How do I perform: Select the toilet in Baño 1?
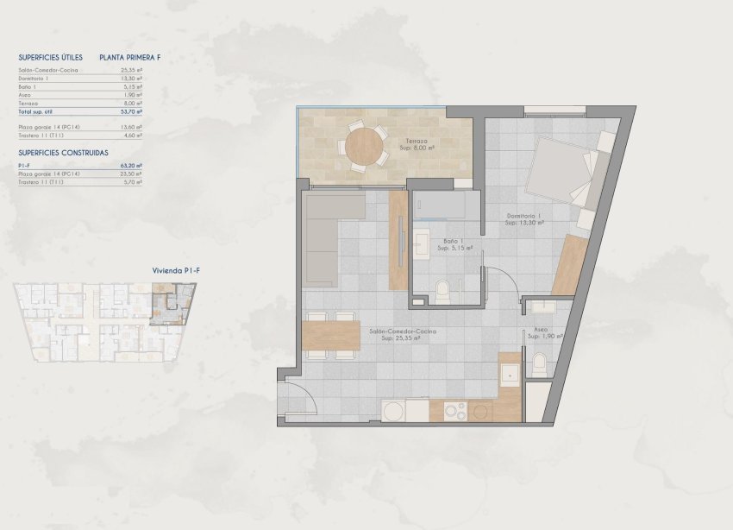pos(442,291)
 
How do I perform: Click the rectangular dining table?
pos(332,335)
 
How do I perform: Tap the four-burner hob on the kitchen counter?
pos(454,411)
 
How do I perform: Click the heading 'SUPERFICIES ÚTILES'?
pos(50,57)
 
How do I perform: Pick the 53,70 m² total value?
pos(132,112)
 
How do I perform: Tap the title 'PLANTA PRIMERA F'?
pos(130,57)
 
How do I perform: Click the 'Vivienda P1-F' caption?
pos(171,270)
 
